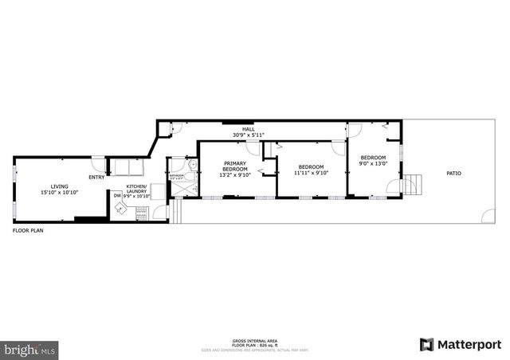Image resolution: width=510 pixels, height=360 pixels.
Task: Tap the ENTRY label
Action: (96, 177)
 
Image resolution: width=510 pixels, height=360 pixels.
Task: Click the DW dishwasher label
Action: (117, 194)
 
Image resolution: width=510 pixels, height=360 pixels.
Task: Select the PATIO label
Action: (453, 173)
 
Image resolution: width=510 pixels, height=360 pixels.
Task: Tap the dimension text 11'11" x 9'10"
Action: (311, 173)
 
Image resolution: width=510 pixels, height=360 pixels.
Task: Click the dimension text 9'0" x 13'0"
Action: (372, 165)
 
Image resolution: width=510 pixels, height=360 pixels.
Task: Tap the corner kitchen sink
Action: (120, 209)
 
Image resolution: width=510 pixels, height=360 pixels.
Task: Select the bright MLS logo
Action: (30, 350)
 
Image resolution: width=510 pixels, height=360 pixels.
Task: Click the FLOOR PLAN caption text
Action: (27, 230)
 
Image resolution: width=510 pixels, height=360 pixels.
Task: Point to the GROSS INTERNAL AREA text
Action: (255, 340)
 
